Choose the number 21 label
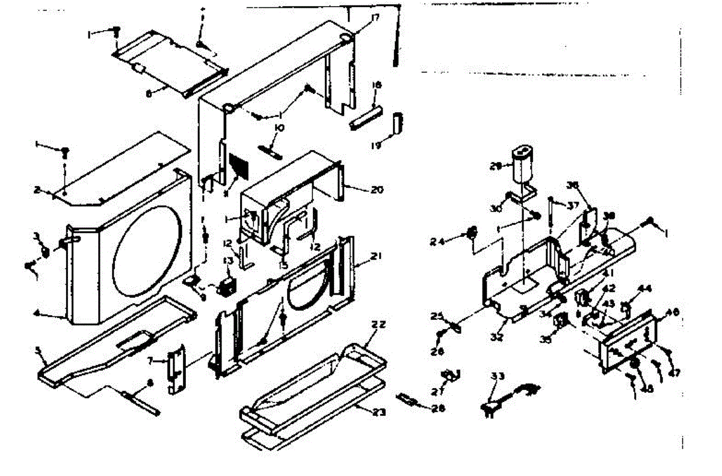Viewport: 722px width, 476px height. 377,255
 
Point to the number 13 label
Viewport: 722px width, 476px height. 228,260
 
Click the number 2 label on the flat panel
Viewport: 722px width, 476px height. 37,190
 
